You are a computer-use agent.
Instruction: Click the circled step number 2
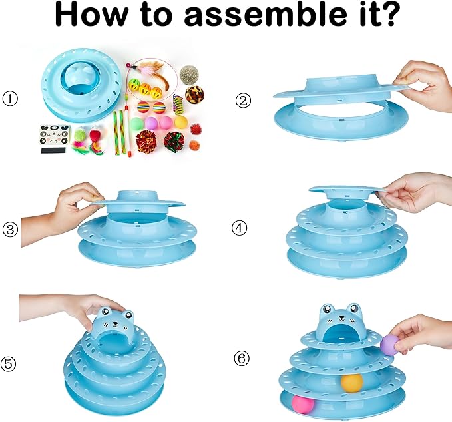click(x=243, y=100)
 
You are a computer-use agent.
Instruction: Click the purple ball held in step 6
click(x=389, y=344)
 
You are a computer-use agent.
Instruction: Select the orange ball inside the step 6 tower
click(x=352, y=382)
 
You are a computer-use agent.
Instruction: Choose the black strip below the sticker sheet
click(x=49, y=150)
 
